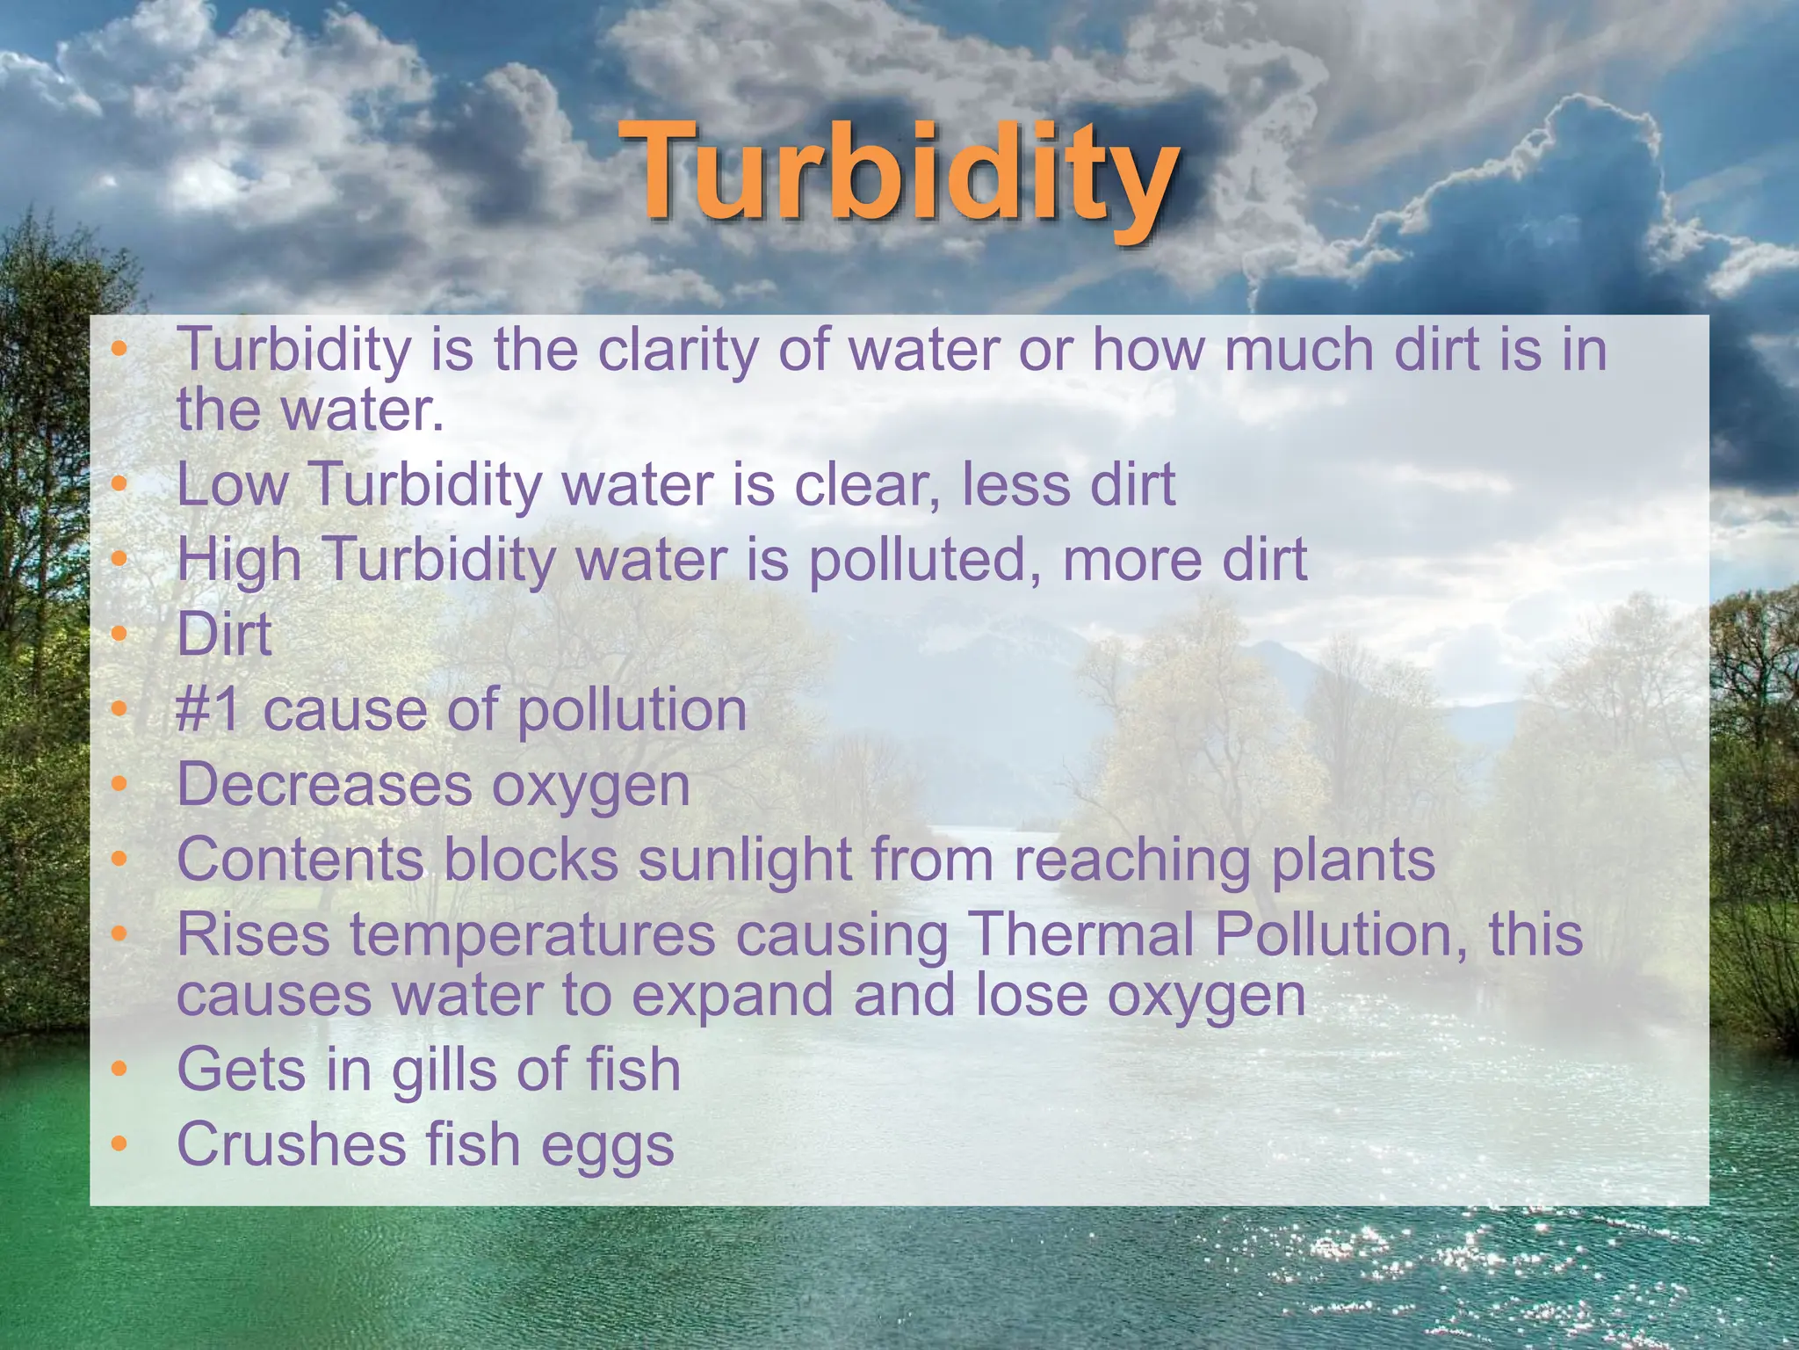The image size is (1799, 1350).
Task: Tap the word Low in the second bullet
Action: point(232,484)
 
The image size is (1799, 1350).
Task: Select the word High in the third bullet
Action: point(239,560)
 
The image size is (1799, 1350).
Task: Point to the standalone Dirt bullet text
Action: point(224,634)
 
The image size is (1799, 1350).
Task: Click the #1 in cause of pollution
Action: point(208,709)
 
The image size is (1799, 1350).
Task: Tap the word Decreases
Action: point(323,784)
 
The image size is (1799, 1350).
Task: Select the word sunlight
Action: point(744,859)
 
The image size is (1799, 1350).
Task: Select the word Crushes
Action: point(291,1144)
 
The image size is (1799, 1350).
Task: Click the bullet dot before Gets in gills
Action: point(119,1070)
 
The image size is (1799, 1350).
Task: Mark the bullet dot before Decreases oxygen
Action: point(119,784)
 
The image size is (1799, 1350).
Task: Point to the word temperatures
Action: point(532,934)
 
